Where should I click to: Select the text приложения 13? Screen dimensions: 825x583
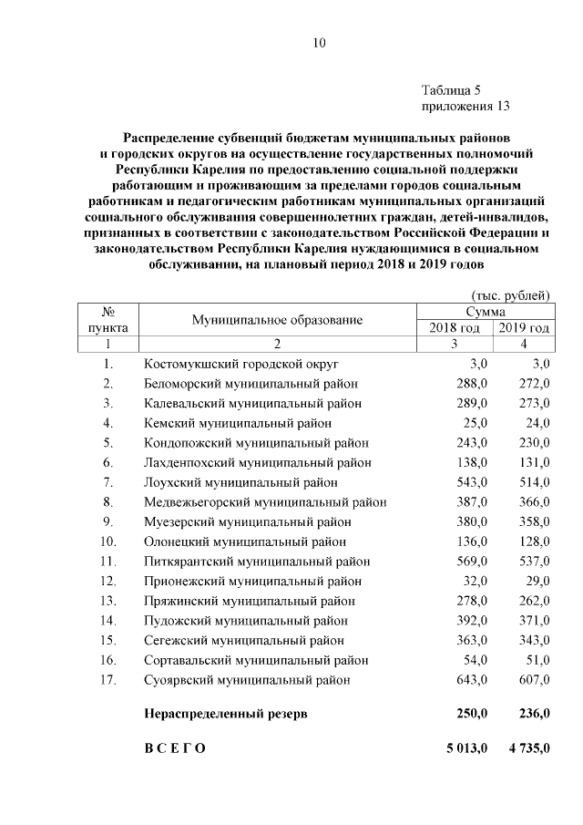465,106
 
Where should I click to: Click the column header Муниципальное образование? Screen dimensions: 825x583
277,320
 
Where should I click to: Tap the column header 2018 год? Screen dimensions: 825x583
454,328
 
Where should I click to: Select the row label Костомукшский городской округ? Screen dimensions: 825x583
241,363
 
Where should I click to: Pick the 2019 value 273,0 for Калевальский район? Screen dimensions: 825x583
533,403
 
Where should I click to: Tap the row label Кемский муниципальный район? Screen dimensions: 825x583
238,423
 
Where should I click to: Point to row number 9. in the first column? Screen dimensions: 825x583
107,521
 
